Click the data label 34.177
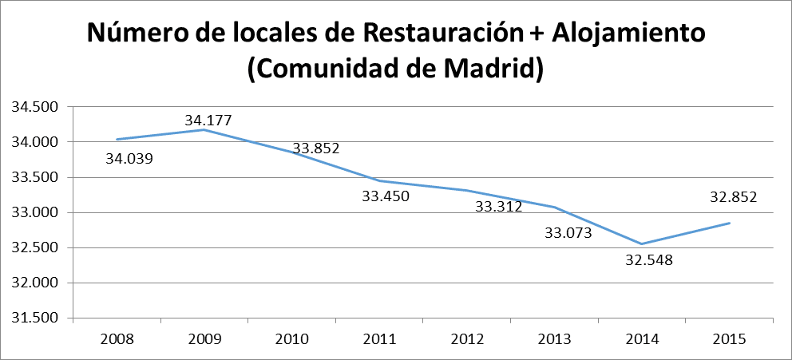tap(208, 121)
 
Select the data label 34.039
tap(129, 158)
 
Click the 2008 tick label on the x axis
tap(117, 338)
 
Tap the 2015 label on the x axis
tap(729, 338)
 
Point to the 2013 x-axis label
tap(554, 338)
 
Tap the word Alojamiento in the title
tap(623, 33)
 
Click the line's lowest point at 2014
tap(642, 244)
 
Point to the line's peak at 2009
tap(204, 129)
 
